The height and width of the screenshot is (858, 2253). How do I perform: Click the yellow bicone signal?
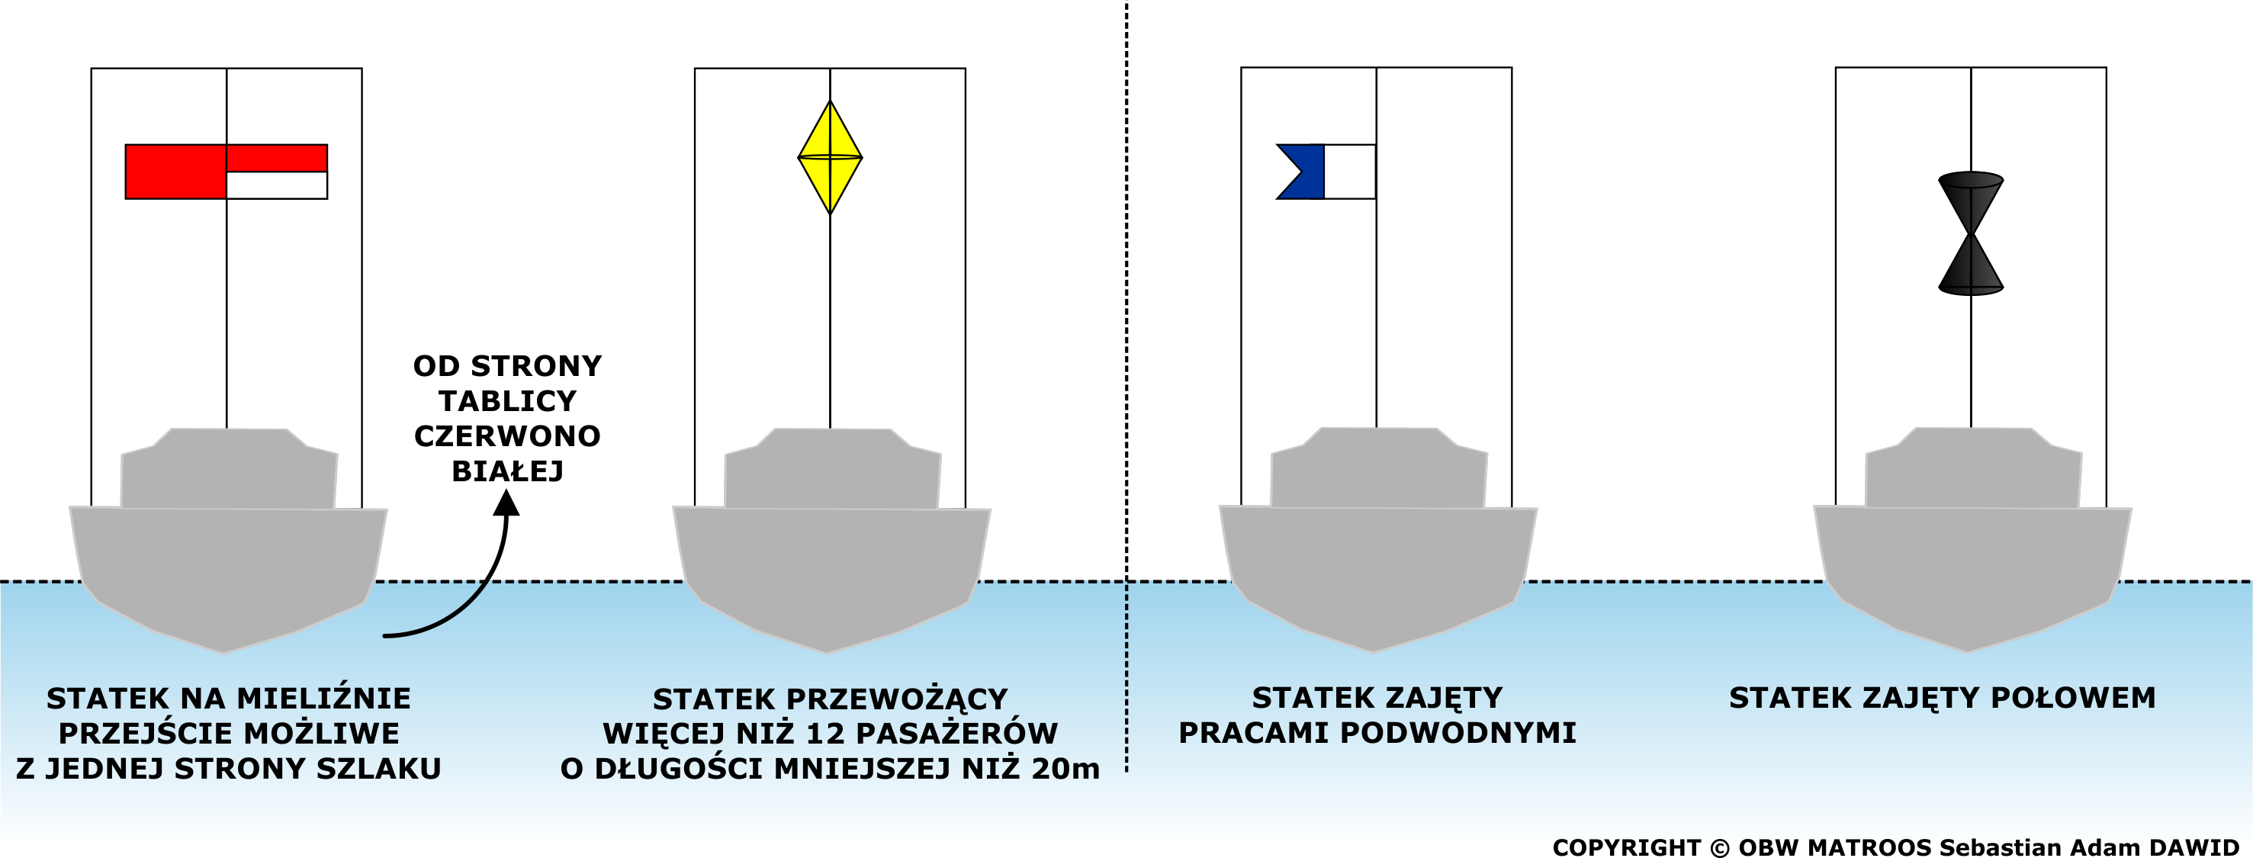[830, 157]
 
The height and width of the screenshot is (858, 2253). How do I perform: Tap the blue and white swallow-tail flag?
[1325, 172]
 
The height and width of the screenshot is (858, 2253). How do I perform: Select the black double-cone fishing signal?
[1971, 233]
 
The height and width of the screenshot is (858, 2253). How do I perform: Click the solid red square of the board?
[175, 172]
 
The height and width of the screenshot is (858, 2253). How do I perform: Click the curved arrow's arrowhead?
[506, 503]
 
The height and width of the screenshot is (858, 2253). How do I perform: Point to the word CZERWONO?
[507, 435]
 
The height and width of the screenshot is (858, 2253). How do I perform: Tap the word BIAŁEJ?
[507, 471]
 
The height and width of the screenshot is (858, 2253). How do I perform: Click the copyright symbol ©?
[1719, 847]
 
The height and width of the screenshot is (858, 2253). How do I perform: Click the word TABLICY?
[507, 400]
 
